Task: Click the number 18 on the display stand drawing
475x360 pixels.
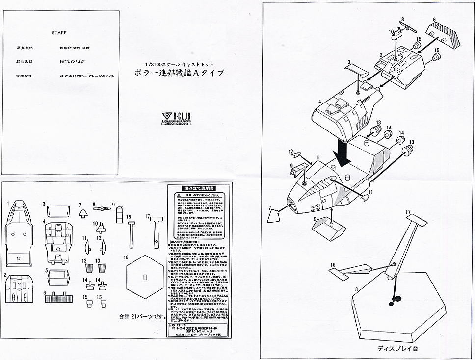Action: point(355,289)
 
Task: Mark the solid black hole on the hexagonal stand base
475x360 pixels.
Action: point(397,298)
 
